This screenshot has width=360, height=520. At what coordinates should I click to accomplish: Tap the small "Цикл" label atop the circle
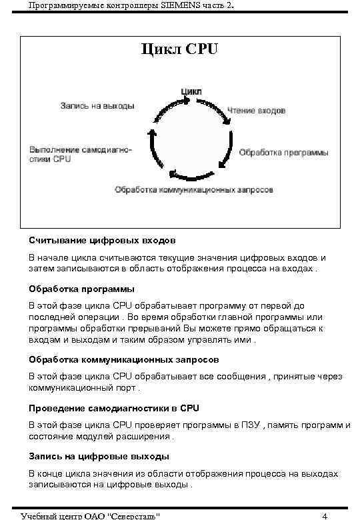point(191,91)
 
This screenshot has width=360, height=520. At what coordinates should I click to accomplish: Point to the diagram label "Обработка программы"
point(283,153)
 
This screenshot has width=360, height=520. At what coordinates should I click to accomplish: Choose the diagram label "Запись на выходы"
point(97,106)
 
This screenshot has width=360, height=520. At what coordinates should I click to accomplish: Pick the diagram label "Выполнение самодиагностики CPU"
point(79,154)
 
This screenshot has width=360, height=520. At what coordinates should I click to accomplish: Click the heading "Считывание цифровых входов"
point(102,239)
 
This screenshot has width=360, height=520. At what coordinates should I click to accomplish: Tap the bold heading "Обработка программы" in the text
point(81,289)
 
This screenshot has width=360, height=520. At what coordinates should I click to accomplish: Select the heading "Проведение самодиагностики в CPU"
point(114,407)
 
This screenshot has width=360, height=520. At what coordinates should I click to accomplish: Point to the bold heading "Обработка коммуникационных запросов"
point(114,359)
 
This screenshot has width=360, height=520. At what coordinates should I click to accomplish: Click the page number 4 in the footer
point(324,515)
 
